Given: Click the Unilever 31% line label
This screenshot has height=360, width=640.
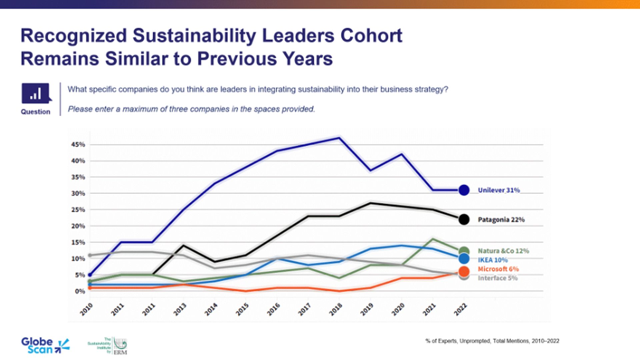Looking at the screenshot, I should [499, 190].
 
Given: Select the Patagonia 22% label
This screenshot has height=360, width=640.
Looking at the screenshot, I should [501, 220].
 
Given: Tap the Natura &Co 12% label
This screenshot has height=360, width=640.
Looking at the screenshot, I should [503, 251].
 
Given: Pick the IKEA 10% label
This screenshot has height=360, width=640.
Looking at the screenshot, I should [493, 260].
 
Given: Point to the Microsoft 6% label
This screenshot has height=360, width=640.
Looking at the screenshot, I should [498, 269].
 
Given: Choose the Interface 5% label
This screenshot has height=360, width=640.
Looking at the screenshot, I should [497, 278].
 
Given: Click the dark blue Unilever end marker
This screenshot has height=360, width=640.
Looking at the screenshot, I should [464, 190].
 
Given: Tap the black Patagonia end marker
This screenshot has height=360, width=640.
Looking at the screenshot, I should [464, 219].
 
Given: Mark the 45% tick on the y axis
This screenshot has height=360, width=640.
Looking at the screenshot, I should [78, 145].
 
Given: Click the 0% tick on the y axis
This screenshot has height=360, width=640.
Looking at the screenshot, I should [80, 291].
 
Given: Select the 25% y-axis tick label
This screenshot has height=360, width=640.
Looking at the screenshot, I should [78, 210].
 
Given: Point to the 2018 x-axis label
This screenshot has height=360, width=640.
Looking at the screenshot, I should [336, 310].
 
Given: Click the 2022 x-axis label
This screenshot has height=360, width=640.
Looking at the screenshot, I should [461, 310].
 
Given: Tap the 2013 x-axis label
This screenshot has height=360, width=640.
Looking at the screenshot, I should [180, 310].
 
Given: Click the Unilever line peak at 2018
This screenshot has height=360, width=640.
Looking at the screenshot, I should [339, 138].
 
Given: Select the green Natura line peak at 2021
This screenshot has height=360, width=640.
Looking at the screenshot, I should [433, 239].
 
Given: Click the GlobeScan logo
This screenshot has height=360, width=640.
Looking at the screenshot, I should [45, 346].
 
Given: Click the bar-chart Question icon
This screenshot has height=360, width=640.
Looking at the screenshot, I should [36, 93].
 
